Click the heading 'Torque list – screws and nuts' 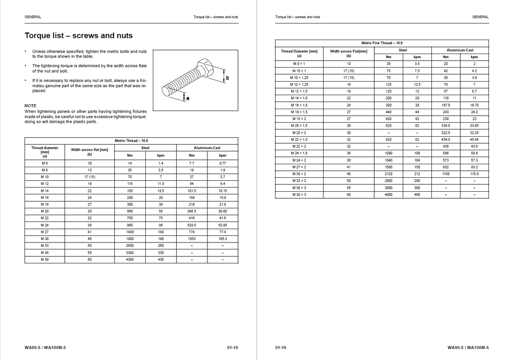point(79,36)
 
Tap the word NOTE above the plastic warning point(31,106)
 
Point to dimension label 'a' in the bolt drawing point(188,98)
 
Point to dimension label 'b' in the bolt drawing point(227,78)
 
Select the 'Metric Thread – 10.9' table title point(131,141)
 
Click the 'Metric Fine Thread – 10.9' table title point(381,43)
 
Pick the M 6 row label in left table point(45,163)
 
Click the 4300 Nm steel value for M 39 point(130,260)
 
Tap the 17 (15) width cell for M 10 point(90,177)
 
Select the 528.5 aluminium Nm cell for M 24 point(191,225)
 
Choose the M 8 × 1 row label point(299,64)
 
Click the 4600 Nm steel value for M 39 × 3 point(388,194)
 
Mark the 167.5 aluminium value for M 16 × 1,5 point(446,105)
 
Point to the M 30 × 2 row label point(299,174)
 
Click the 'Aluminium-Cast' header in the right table point(460,50)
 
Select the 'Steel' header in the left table point(145,148)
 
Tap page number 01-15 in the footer point(232,347)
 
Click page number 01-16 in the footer point(281,347)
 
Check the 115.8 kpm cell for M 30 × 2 point(474,174)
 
